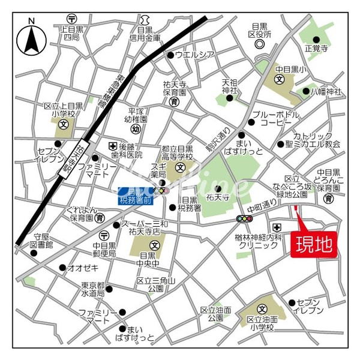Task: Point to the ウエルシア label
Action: point(194,55)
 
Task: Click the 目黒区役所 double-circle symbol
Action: point(259,44)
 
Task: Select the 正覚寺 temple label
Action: point(316,48)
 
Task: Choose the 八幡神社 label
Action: point(325,92)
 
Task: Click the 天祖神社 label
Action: point(230,86)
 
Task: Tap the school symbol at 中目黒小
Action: point(279,79)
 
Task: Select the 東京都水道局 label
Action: point(92,290)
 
